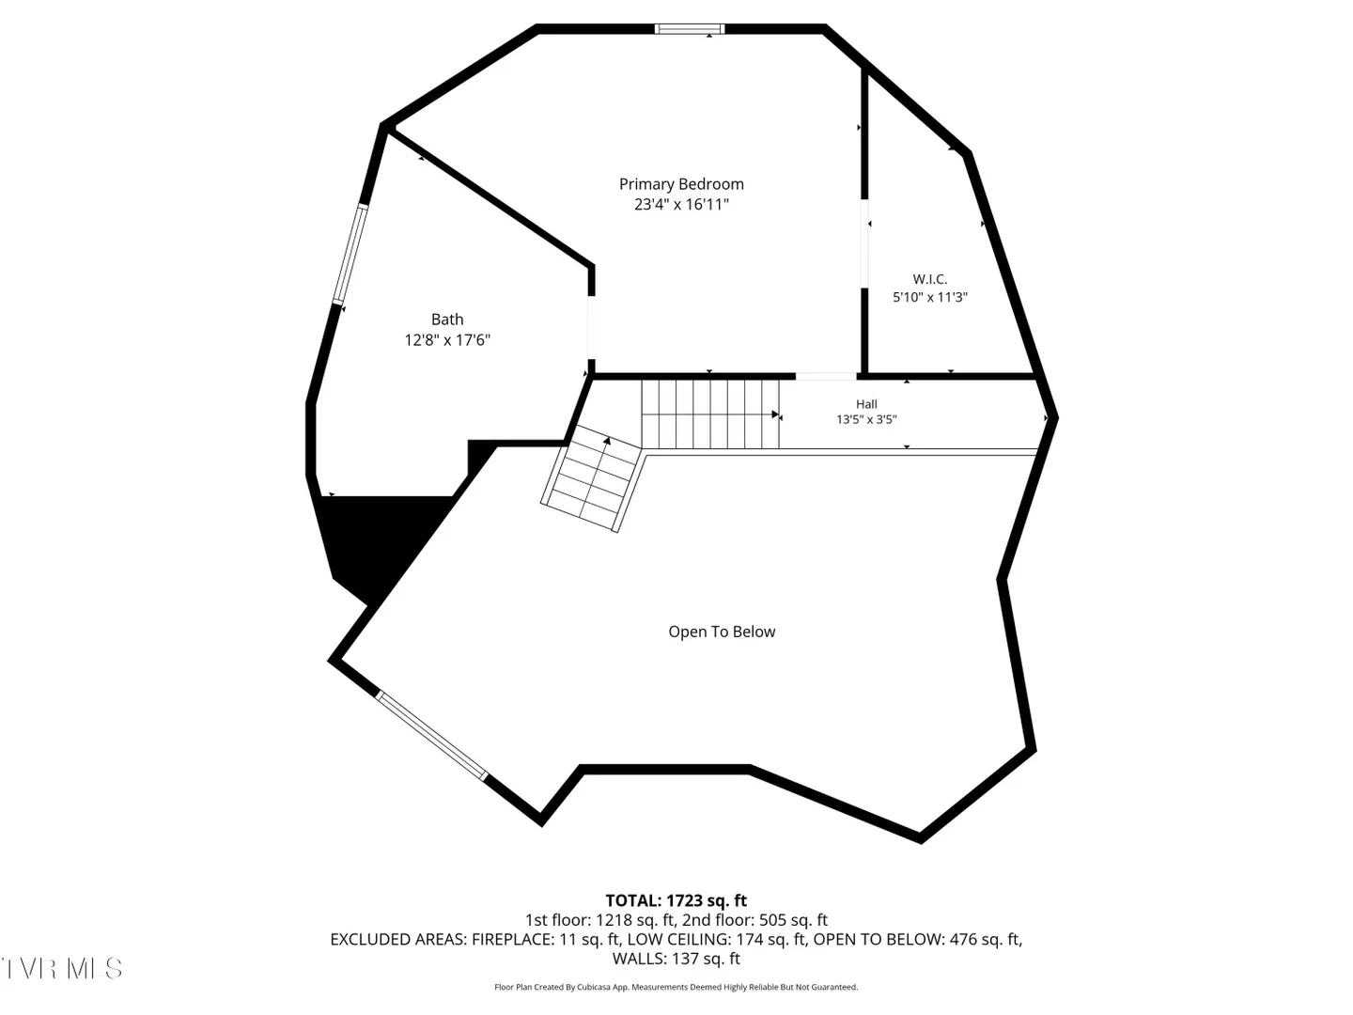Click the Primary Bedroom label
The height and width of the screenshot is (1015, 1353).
point(681,184)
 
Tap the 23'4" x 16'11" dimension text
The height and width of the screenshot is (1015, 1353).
point(681,205)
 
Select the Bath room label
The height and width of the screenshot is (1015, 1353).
point(447,320)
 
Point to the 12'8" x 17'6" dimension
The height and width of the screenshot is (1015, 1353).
point(447,340)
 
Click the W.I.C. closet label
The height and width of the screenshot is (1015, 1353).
point(929,279)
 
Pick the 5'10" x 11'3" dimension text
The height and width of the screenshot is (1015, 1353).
point(929,297)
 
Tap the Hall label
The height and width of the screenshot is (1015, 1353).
point(866,404)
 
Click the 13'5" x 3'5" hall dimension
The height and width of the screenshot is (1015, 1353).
point(866,420)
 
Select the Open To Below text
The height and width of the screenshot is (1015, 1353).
point(722,632)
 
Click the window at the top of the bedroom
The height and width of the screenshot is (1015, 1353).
point(689,29)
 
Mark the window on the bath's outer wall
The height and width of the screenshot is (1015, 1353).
point(350,255)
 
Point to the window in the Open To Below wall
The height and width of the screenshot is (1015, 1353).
point(431,736)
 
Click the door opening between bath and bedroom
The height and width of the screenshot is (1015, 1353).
point(591,327)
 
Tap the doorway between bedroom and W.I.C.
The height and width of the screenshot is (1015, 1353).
point(864,243)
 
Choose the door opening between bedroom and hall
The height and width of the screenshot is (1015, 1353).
point(826,376)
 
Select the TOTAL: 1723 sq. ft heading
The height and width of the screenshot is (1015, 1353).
point(676,901)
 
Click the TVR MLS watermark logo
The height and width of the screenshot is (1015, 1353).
point(62,969)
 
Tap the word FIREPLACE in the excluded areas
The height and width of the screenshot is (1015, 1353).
point(512,939)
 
